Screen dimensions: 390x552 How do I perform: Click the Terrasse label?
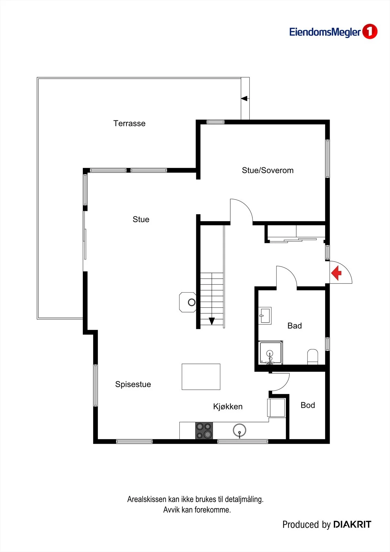129,123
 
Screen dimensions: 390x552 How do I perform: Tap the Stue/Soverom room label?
268,170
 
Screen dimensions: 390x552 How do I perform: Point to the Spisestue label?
133,384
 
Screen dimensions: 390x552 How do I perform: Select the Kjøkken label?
228,406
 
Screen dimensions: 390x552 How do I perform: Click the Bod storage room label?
308,405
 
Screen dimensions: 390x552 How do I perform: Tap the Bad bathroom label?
295,326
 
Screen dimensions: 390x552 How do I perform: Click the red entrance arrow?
336,273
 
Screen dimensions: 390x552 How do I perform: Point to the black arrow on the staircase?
212,321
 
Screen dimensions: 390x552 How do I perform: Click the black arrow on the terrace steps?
244,99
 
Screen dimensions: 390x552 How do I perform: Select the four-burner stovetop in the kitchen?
204,431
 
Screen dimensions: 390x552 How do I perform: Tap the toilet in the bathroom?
313,357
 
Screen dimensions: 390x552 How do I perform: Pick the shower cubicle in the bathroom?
270,352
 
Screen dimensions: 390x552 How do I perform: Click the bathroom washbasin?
265,316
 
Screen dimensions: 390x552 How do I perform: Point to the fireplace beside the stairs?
188,302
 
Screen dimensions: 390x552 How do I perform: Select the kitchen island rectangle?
201,376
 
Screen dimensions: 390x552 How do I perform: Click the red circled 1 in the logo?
370,31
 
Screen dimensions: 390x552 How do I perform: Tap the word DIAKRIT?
352,525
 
